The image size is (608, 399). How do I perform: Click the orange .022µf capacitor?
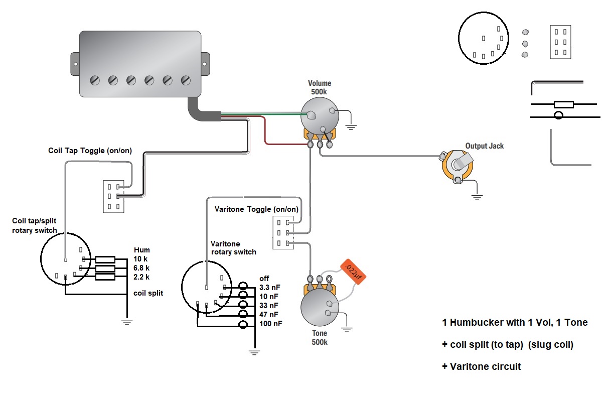tap(353, 272)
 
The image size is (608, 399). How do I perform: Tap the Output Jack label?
tap(484, 146)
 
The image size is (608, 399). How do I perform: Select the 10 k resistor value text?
tap(141, 259)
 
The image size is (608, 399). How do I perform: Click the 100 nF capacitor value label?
tap(270, 324)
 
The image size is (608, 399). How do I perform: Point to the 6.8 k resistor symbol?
tap(105, 268)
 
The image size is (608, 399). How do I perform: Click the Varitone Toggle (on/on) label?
tap(256, 209)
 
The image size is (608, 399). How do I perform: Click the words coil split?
tap(148, 293)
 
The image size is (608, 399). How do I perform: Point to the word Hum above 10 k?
tap(142, 250)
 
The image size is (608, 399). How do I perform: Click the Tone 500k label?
tap(320, 337)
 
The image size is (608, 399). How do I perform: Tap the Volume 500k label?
tap(320, 88)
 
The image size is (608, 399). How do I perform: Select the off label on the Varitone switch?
tap(264, 278)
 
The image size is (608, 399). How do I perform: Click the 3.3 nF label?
tap(270, 287)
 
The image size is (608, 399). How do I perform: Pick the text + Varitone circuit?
tap(481, 366)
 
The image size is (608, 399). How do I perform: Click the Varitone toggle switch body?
tap(281, 232)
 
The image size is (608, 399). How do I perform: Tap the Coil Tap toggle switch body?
tap(113, 196)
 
